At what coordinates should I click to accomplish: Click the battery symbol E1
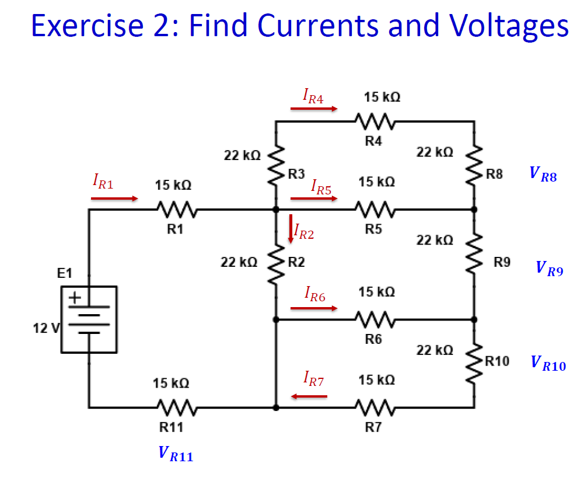pos(89,319)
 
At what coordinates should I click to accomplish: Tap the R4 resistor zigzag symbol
pos(376,122)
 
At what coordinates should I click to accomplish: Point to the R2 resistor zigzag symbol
pos(275,263)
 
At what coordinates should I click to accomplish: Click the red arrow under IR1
pos(114,199)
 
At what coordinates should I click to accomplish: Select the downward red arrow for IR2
pos(290,229)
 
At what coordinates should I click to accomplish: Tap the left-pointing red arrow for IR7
pos(309,396)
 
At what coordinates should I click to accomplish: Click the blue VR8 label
pos(543,174)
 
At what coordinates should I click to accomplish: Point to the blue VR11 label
pos(175,454)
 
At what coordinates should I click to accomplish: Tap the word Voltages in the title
pos(508,26)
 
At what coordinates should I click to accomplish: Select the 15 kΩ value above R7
pos(376,380)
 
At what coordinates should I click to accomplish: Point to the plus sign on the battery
pos(75,298)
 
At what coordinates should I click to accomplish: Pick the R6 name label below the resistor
pos(373,339)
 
